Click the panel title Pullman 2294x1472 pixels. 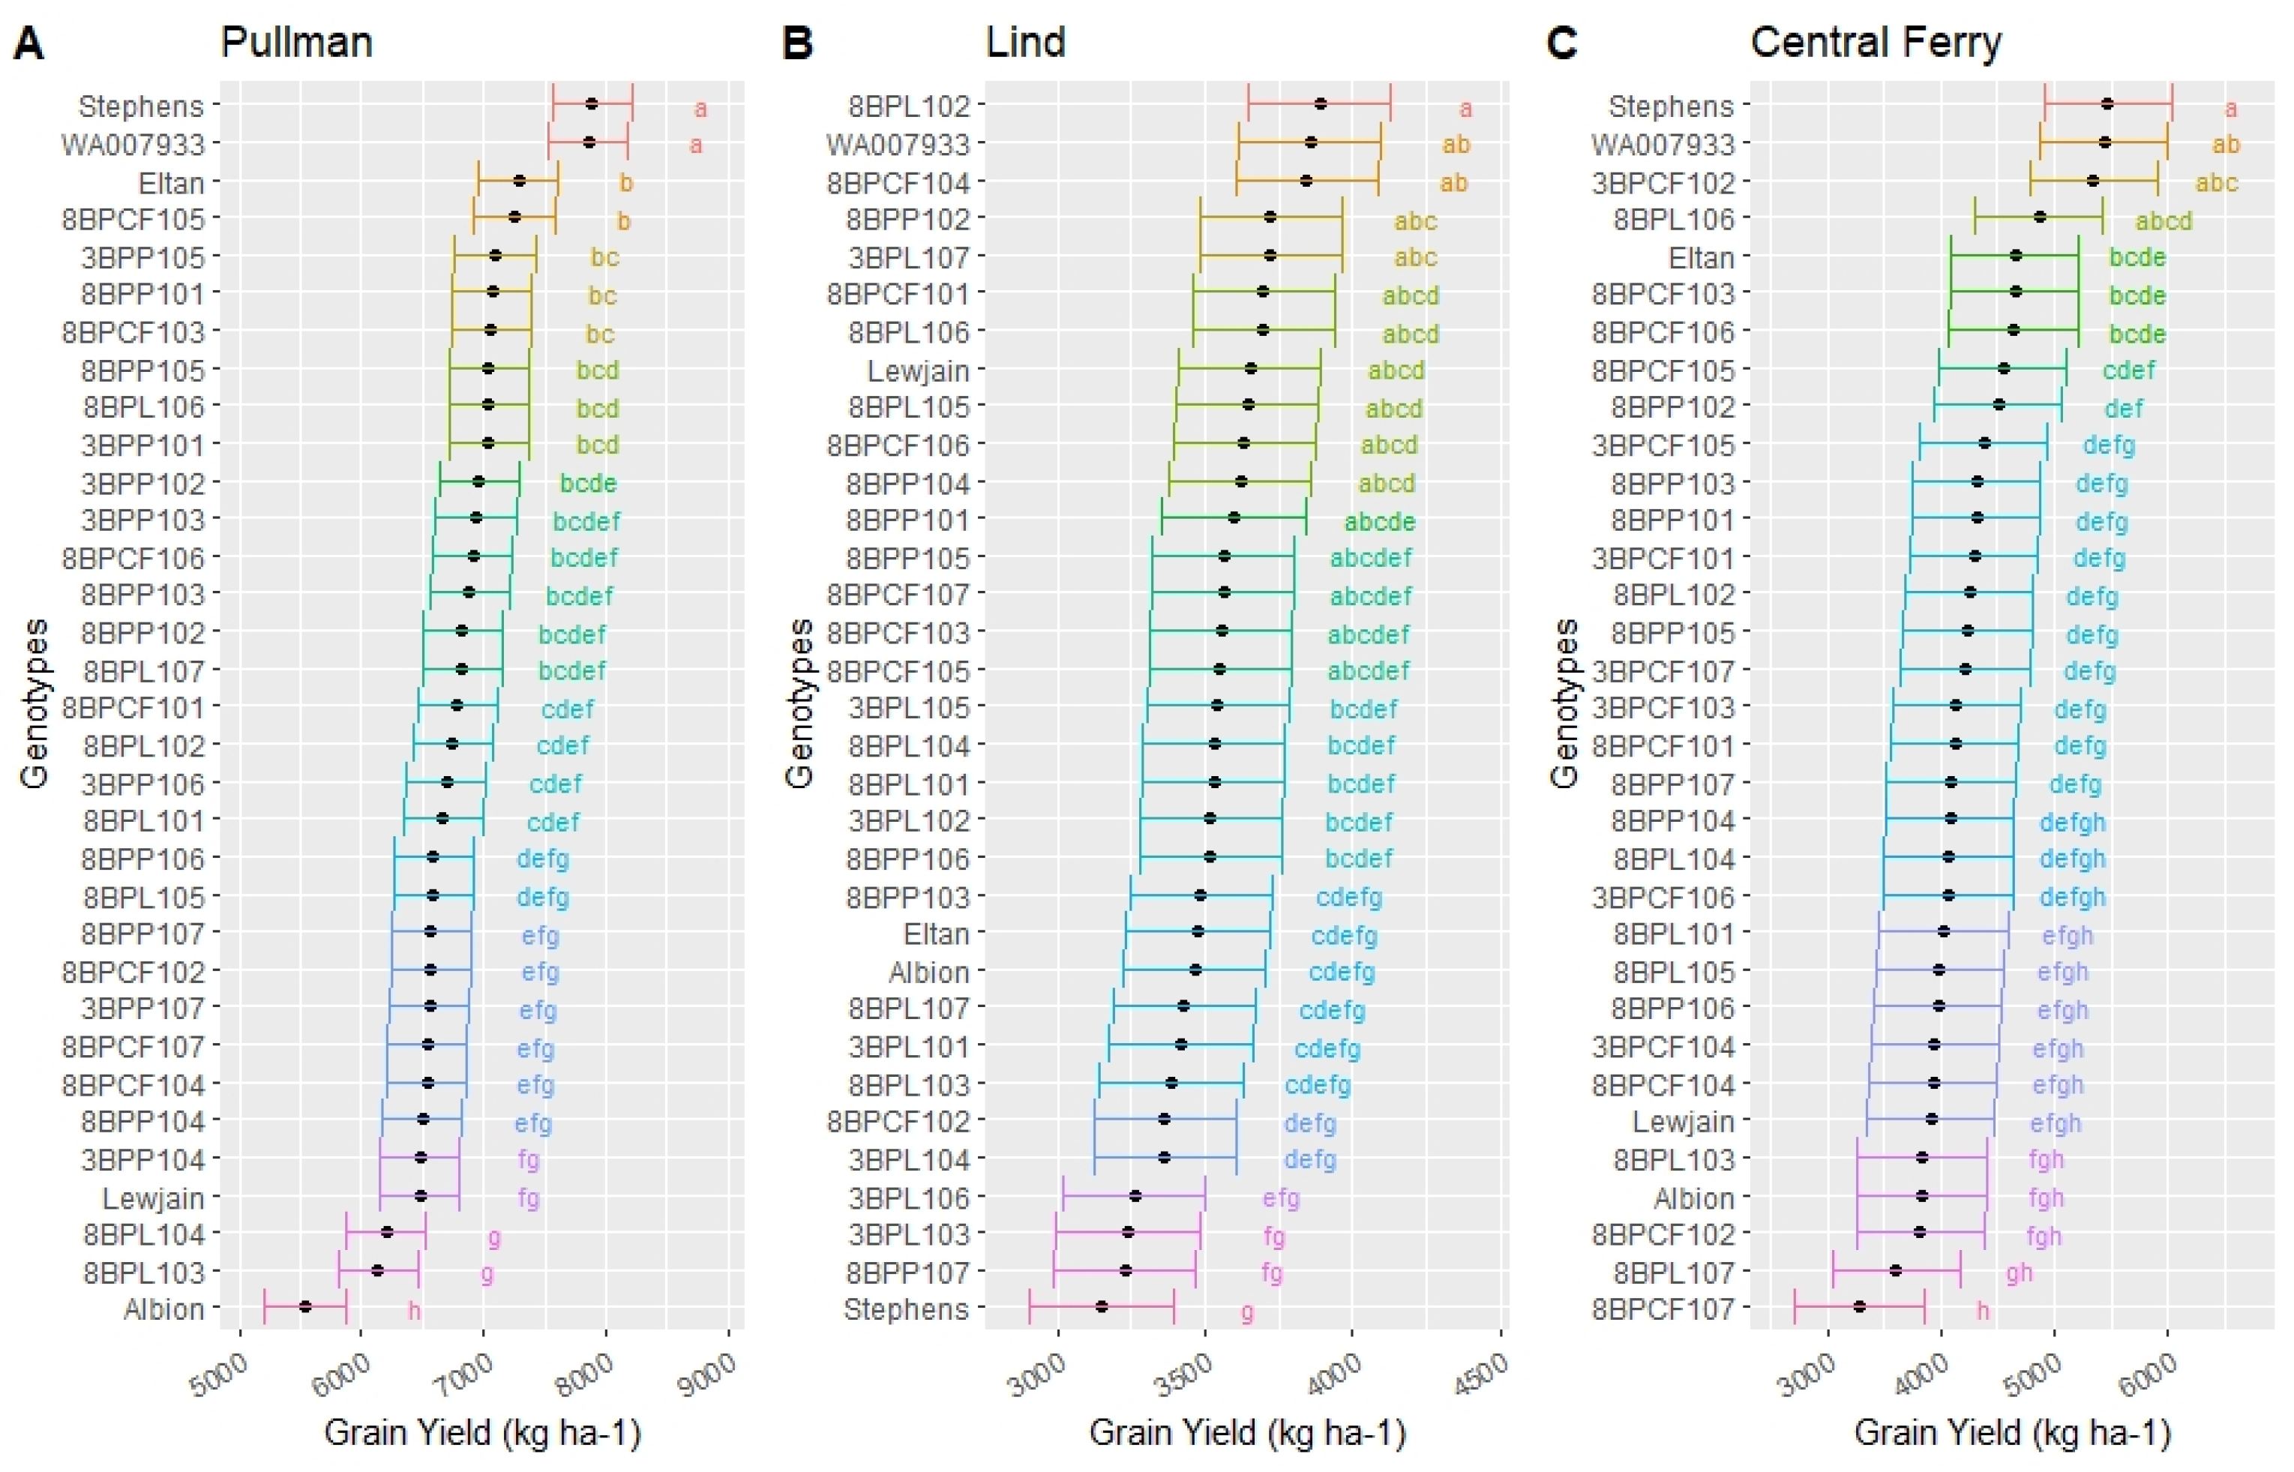point(295,43)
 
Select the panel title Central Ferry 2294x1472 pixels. point(1876,43)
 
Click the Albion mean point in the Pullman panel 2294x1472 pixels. point(305,1306)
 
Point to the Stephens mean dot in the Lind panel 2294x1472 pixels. point(1101,1306)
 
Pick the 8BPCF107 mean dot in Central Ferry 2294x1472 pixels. point(1859,1306)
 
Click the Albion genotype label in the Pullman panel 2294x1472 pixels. point(163,1309)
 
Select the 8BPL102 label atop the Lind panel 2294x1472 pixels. point(908,105)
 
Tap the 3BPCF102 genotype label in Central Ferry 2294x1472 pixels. point(1663,181)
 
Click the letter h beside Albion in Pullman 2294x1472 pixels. point(414,1309)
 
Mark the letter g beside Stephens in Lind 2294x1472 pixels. point(1247,1312)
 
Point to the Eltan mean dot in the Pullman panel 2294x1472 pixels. point(519,181)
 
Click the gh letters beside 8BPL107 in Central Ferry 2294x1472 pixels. point(2019,1273)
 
